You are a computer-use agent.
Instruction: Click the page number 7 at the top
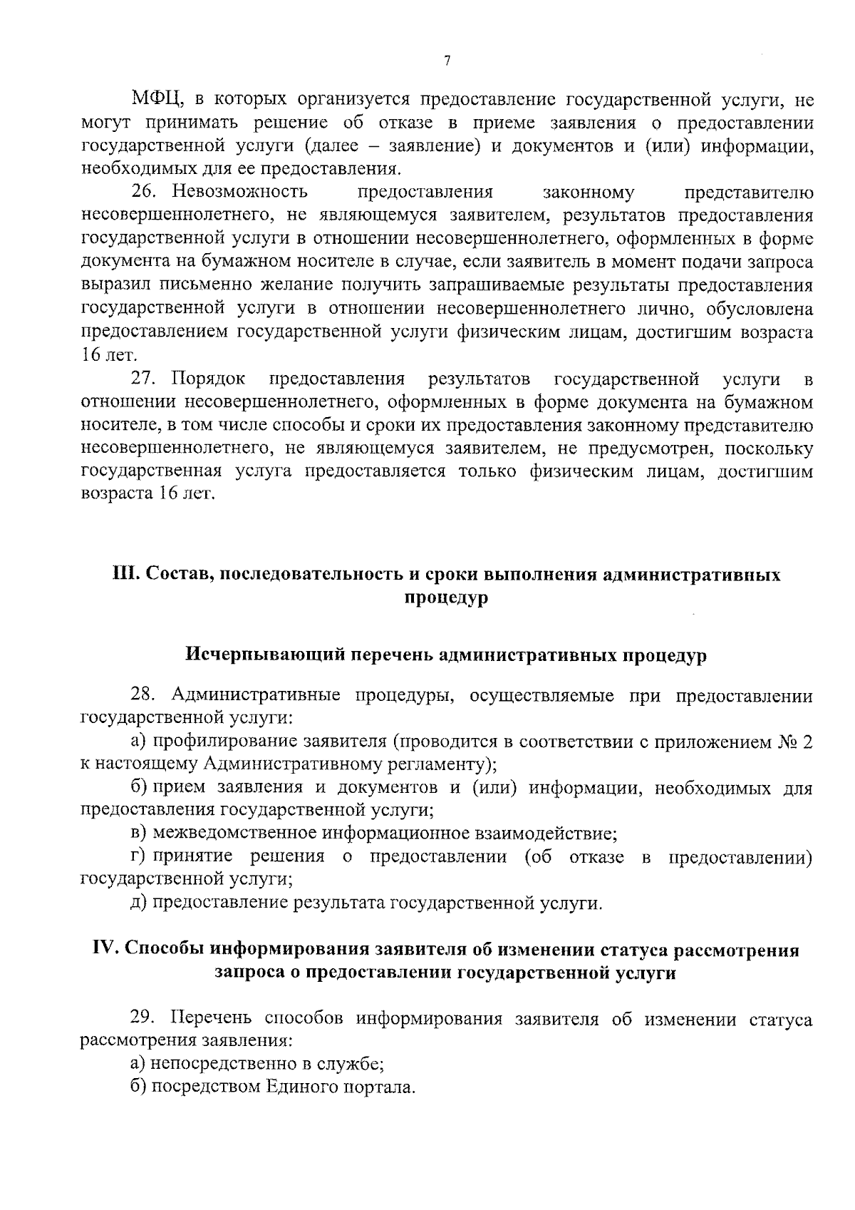[x=447, y=61]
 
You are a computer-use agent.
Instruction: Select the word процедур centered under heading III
[x=446, y=598]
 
